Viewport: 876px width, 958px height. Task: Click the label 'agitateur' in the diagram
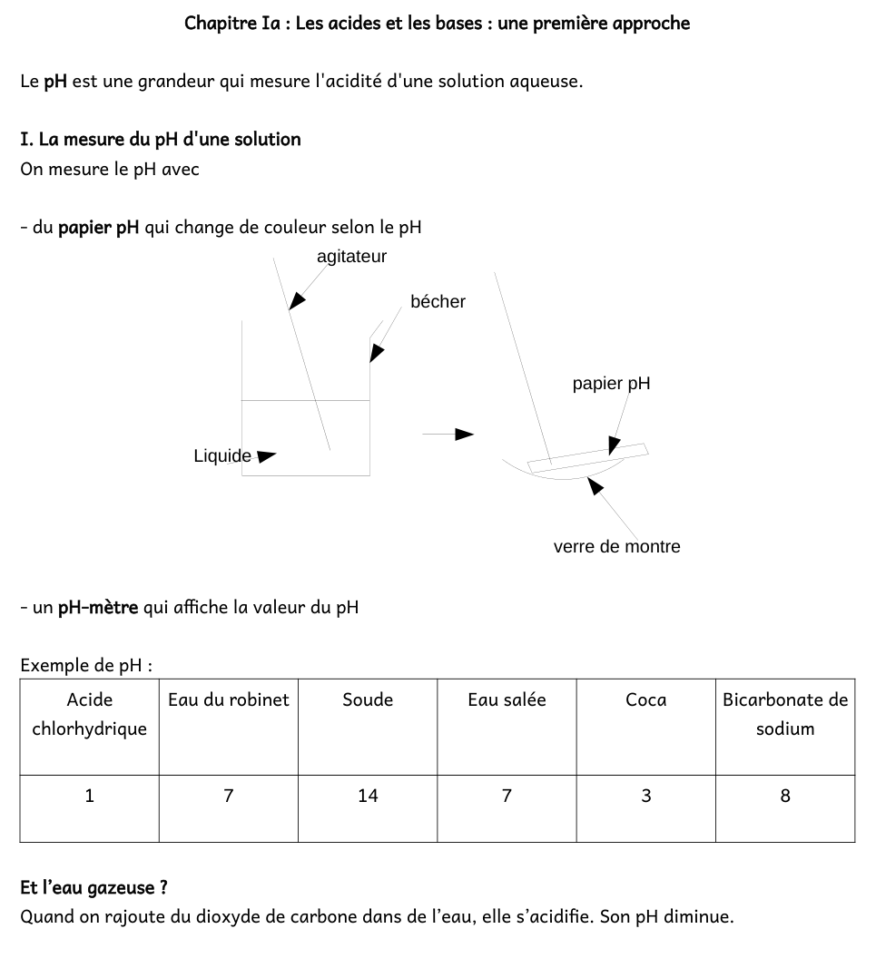point(351,257)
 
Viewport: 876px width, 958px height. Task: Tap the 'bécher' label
point(438,302)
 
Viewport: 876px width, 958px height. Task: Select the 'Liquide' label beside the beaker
point(222,455)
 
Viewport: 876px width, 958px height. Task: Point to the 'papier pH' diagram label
point(611,384)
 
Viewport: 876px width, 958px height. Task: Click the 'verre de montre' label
point(616,546)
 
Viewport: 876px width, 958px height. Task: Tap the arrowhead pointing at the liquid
point(267,455)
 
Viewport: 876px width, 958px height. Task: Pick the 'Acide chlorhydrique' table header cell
point(89,714)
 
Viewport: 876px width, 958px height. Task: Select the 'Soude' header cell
point(368,699)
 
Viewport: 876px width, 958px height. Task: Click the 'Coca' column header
point(645,699)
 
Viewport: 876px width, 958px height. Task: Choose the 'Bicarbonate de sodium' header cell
point(785,714)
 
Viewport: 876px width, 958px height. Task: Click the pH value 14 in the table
point(368,796)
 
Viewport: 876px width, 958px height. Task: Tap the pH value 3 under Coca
point(645,796)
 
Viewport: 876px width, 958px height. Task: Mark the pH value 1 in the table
point(89,796)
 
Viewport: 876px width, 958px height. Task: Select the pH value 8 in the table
point(785,796)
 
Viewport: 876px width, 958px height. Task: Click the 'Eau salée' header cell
point(507,699)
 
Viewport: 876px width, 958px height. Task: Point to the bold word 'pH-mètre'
point(98,607)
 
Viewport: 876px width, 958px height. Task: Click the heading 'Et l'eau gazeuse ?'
point(94,886)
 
